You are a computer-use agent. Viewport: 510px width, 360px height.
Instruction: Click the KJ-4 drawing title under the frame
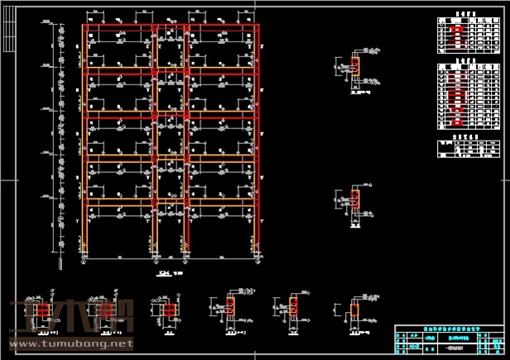point(163,272)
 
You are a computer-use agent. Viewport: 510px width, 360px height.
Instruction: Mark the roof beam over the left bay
point(120,27)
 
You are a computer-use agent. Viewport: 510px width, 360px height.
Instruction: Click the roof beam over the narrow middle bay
point(171,27)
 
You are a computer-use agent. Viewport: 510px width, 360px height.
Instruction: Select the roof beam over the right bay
point(222,27)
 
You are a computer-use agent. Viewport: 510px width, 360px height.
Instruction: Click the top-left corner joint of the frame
point(85,27)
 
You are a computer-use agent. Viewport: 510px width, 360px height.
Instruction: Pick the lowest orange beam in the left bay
point(120,202)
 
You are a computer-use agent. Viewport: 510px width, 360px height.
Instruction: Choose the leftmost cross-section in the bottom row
point(36,310)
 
